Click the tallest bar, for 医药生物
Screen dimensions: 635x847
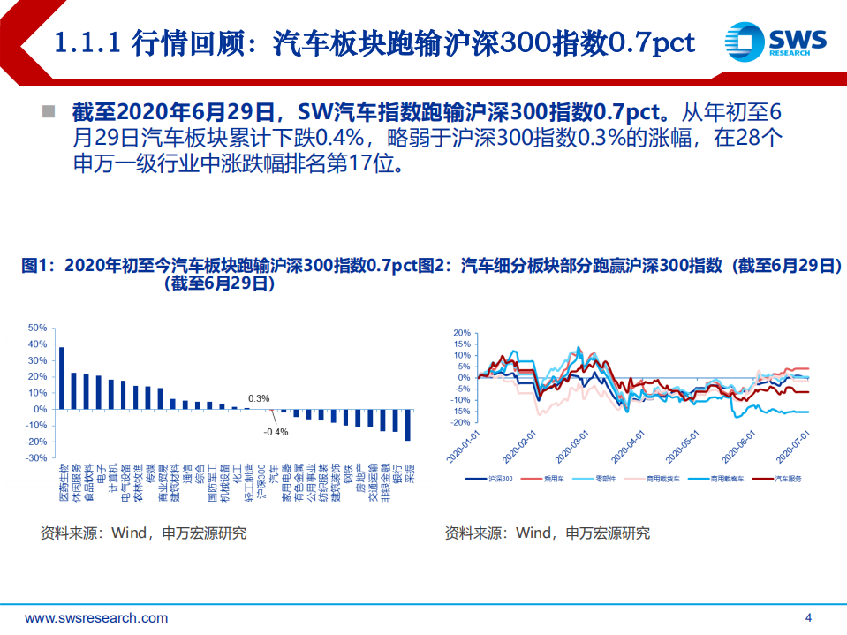(x=61, y=378)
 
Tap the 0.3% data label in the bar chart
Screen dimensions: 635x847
(x=259, y=398)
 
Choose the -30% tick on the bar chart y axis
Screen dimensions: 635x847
(x=36, y=458)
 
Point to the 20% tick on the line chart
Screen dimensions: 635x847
(x=462, y=333)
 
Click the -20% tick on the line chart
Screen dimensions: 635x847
(x=461, y=422)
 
